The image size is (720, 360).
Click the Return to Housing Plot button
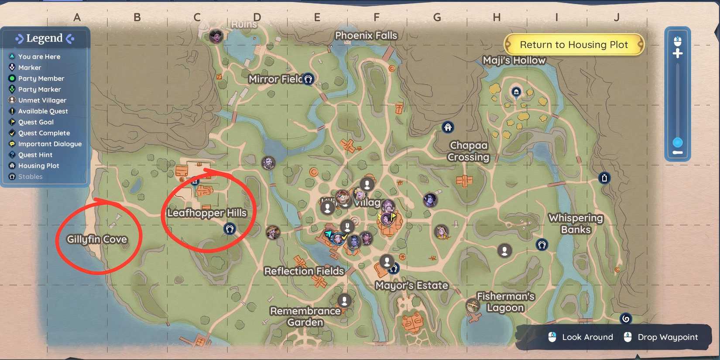(x=573, y=45)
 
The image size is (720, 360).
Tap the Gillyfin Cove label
(x=97, y=239)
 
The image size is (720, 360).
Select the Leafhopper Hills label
(x=207, y=213)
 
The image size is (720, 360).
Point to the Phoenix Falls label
(x=366, y=35)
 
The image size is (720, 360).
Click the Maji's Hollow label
(x=514, y=60)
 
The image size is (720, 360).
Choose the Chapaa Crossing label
(x=469, y=151)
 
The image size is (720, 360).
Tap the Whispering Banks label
(x=576, y=223)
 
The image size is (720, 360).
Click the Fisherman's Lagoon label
(x=505, y=302)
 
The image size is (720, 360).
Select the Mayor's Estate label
(x=411, y=285)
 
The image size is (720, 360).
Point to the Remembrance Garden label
(x=305, y=316)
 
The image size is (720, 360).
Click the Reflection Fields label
(x=304, y=271)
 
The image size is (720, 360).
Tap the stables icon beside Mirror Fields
(x=308, y=79)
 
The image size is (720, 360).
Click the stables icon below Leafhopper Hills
(x=230, y=229)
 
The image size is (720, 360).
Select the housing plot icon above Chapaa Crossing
(x=448, y=127)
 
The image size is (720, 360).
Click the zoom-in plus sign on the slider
(x=678, y=54)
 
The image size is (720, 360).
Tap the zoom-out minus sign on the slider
(x=678, y=152)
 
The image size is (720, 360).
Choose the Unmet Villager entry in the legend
(x=42, y=100)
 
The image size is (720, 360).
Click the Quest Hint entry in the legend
(x=35, y=155)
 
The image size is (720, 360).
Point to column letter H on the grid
(x=497, y=17)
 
